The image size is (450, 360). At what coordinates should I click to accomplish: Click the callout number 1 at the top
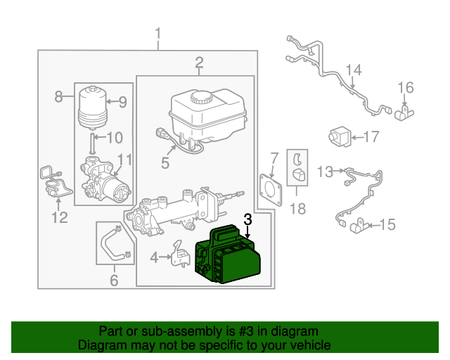[x=158, y=33]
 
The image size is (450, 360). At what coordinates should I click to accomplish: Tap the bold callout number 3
[x=247, y=220]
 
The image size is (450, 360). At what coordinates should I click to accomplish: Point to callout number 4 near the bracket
[x=155, y=258]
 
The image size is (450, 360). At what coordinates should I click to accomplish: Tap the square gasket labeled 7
[x=271, y=188]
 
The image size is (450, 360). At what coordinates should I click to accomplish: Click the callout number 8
[x=59, y=97]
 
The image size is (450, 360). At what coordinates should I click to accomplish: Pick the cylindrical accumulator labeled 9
[x=93, y=105]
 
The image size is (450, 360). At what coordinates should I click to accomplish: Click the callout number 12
[x=59, y=217]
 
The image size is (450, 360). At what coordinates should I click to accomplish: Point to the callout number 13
[x=325, y=171]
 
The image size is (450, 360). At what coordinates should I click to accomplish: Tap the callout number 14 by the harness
[x=354, y=70]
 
